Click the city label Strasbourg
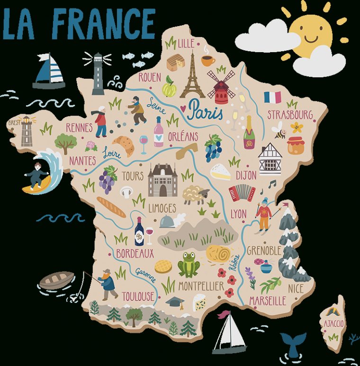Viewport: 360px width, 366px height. coord(290,115)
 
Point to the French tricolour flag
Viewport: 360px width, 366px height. coord(272,97)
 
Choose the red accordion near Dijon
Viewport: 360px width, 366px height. coord(242,192)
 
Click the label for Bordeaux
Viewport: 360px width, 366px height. coord(135,254)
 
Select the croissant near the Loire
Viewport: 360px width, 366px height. coord(123,145)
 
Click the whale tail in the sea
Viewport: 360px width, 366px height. coord(292,341)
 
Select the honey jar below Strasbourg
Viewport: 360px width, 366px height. coord(296,146)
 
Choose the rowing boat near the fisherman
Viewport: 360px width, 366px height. coord(57,280)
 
